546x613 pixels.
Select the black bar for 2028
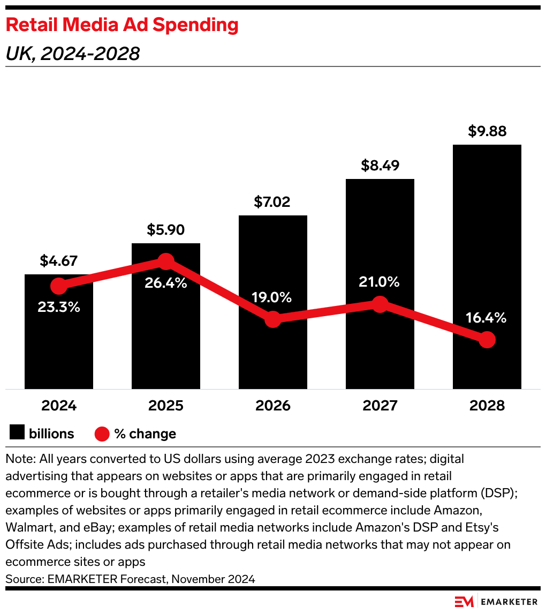[487, 241]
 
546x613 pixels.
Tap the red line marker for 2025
[166, 261]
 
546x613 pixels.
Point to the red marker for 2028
[487, 339]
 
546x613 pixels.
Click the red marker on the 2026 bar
[273, 319]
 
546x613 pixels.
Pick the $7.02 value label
[272, 202]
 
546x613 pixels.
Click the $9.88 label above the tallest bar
[487, 131]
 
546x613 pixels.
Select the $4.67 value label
[59, 261]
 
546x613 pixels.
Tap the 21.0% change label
[380, 282]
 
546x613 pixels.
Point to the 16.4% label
[487, 318]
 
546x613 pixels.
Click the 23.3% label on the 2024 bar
[59, 307]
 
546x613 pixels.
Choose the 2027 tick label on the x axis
[380, 406]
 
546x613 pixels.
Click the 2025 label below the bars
[166, 406]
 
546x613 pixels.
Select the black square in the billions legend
[17, 433]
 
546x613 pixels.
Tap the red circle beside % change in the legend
[102, 433]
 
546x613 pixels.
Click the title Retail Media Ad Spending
[122, 25]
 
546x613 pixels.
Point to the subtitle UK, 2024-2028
[72, 54]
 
